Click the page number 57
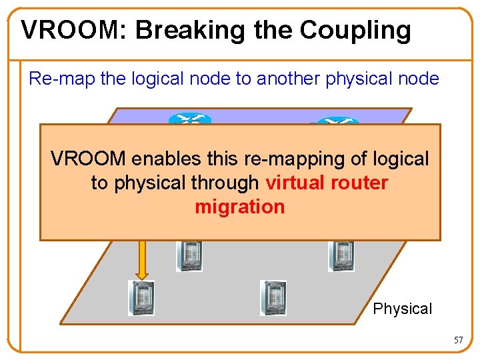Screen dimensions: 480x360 click(458, 340)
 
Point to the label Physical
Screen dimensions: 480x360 click(402, 309)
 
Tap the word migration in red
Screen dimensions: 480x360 click(239, 207)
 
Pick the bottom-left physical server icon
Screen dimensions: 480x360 click(141, 297)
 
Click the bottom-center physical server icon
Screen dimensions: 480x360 click(273, 297)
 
